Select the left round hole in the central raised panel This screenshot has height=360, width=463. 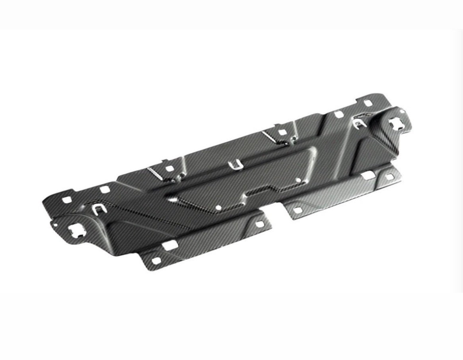218,207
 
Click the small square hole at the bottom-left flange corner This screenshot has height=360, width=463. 156,261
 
